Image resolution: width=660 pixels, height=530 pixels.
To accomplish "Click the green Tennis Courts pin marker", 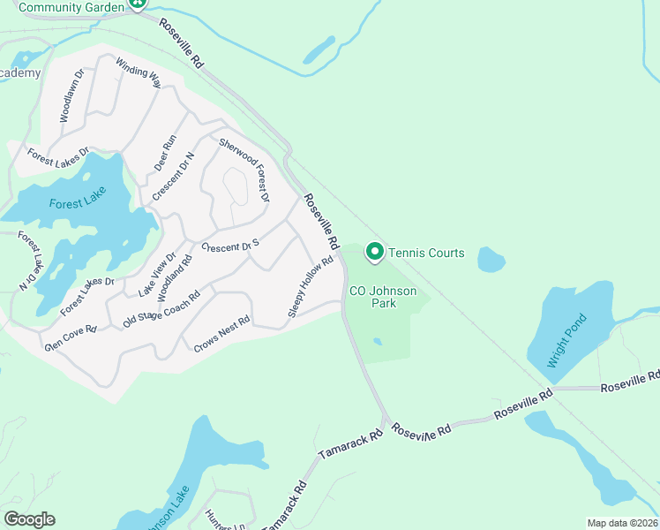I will [374, 253].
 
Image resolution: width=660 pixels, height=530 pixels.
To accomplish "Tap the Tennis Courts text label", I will [428, 254].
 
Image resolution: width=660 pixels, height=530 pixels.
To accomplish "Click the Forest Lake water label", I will [78, 203].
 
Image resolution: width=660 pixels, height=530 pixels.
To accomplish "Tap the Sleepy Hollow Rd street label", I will [311, 286].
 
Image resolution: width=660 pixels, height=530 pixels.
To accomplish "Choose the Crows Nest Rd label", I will [222, 335].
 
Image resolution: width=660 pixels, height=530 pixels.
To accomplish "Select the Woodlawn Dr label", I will [72, 95].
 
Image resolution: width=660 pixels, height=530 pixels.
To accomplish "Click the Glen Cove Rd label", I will [71, 337].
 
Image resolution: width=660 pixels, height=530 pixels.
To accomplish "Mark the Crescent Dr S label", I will [230, 246].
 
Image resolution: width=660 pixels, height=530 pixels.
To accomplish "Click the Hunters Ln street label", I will [224, 524].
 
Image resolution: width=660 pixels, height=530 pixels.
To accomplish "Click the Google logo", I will [29, 519].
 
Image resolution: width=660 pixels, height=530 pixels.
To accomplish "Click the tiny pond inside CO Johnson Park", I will [378, 341].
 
